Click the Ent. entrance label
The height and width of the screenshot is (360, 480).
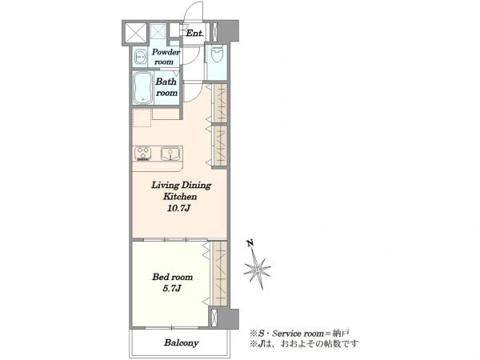[194, 33]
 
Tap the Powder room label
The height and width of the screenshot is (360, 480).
[166, 57]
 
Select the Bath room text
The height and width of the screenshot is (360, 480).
[166, 87]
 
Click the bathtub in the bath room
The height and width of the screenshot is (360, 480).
[143, 88]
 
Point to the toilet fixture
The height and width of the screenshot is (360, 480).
[218, 54]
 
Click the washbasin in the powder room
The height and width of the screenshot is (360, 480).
[140, 57]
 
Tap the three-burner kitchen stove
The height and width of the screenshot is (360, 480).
[143, 154]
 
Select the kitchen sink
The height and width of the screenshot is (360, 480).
[170, 154]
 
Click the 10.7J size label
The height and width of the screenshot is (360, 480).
[179, 209]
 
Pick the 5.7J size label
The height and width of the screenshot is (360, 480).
[172, 288]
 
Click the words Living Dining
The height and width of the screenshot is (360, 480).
[182, 186]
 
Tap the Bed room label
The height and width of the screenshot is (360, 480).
[173, 277]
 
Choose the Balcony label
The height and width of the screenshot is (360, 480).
[182, 342]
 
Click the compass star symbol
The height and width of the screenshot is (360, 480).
[257, 269]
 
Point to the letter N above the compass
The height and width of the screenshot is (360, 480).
[250, 243]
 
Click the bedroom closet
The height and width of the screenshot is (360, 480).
[220, 273]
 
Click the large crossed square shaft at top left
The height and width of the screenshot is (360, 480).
[136, 33]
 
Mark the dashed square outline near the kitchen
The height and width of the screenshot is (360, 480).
[142, 118]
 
